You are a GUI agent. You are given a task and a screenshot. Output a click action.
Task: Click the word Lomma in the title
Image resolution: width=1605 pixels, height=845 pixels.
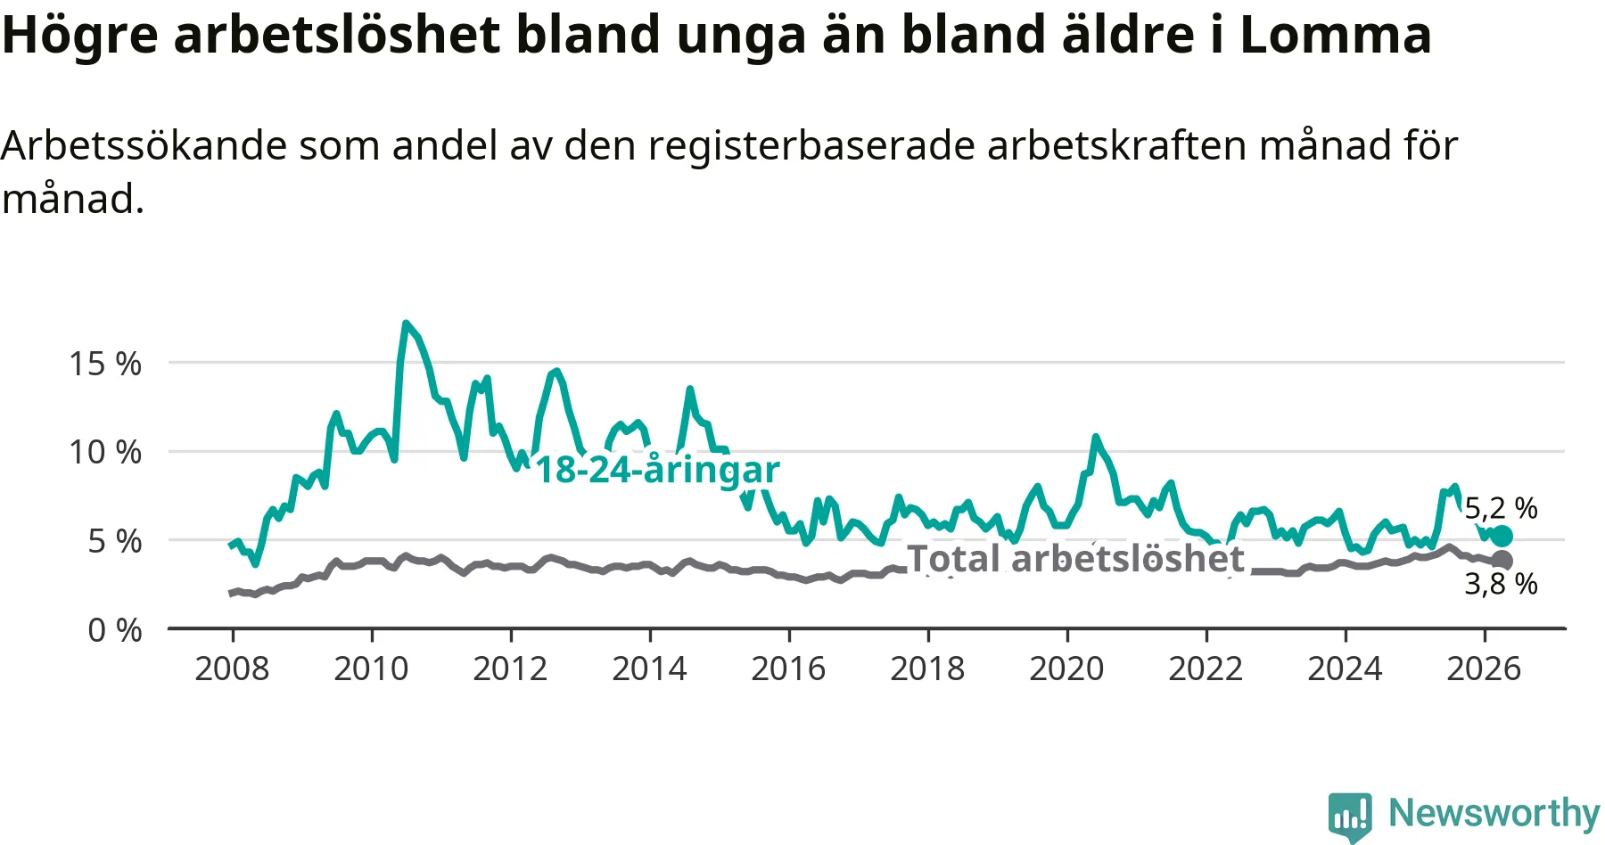[1336, 35]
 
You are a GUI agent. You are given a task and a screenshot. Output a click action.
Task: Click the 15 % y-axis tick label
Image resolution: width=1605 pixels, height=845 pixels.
[105, 364]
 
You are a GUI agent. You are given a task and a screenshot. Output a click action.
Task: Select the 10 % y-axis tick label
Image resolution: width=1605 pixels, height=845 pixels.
[105, 452]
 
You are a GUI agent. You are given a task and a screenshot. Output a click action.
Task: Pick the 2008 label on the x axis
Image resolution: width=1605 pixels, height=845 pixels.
[232, 669]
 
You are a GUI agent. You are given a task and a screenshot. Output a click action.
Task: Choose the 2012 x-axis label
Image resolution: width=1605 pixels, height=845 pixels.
[510, 669]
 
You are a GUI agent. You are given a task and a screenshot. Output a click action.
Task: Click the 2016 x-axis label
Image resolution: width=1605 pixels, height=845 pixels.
[788, 669]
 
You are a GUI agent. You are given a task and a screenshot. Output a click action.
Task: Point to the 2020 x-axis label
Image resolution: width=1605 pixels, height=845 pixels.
[1066, 669]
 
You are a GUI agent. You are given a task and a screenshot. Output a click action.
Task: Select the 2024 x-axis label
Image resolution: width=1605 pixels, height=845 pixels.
[1345, 669]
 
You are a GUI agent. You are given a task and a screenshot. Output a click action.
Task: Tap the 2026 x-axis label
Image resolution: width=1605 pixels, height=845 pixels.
[1484, 669]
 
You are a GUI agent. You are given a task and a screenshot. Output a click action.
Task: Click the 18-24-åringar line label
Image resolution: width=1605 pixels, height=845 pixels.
[657, 470]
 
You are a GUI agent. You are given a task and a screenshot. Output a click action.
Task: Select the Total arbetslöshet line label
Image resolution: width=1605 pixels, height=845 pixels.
[1075, 559]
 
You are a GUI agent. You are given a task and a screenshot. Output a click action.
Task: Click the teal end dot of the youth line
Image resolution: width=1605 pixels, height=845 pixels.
[1502, 536]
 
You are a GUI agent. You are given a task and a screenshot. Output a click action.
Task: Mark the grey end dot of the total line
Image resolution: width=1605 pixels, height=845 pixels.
[1502, 561]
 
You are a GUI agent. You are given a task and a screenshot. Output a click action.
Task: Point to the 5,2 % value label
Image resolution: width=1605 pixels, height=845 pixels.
[1502, 508]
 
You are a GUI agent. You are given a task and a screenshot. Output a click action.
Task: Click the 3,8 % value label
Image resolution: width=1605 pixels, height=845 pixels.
[1502, 584]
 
